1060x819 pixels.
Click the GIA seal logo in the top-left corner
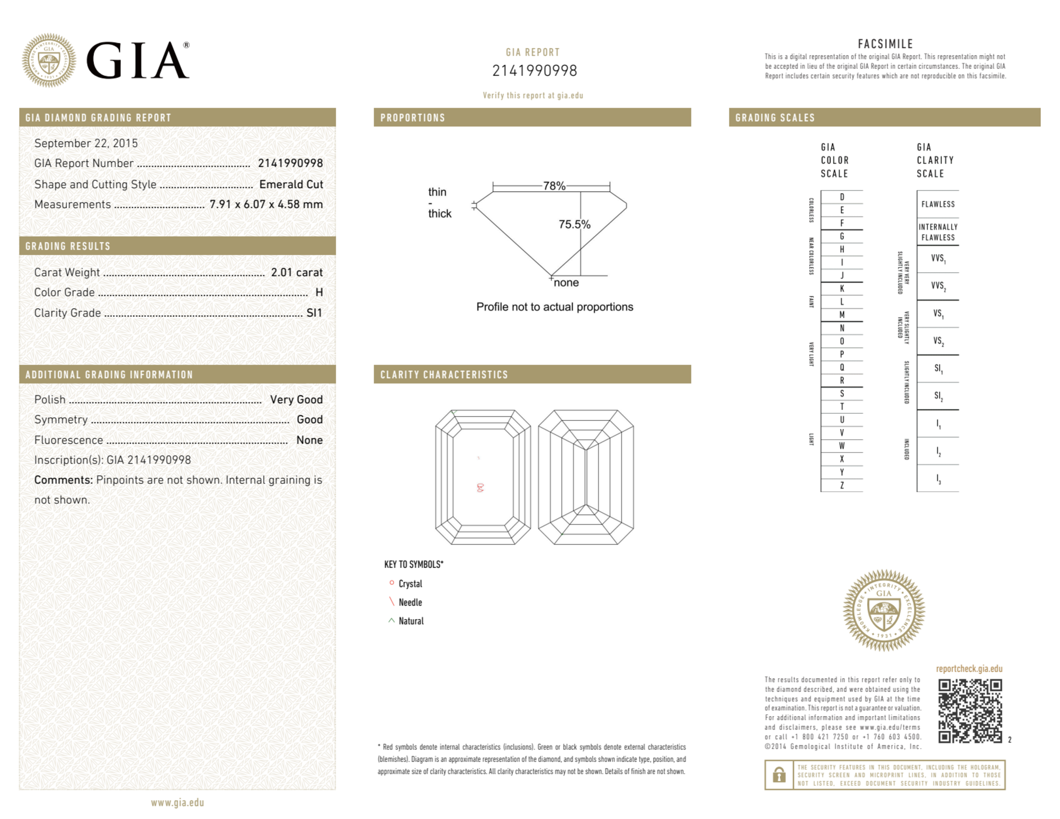click(x=49, y=60)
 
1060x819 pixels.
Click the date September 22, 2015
click(x=86, y=143)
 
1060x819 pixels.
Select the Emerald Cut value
click(x=291, y=184)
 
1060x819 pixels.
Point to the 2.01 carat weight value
click(x=297, y=272)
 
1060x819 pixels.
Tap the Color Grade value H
click(x=319, y=292)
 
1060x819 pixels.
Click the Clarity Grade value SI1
click(x=314, y=313)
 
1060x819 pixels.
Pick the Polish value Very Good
click(x=296, y=399)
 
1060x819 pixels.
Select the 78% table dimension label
click(x=554, y=186)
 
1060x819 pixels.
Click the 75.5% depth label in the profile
click(x=574, y=224)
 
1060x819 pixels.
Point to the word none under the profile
click(x=566, y=283)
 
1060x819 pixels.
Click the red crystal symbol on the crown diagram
click(x=480, y=488)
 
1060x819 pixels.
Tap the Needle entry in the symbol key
click(x=410, y=602)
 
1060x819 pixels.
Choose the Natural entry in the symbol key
click(x=411, y=621)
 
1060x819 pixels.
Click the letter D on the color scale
click(x=842, y=197)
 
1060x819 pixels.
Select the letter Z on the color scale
click(x=842, y=485)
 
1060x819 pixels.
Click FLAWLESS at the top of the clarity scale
click(x=938, y=204)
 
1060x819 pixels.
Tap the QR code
click(x=970, y=711)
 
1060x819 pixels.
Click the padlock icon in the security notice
click(x=779, y=775)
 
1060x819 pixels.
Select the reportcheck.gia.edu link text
click(x=969, y=669)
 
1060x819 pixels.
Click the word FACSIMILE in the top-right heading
click(x=885, y=44)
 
